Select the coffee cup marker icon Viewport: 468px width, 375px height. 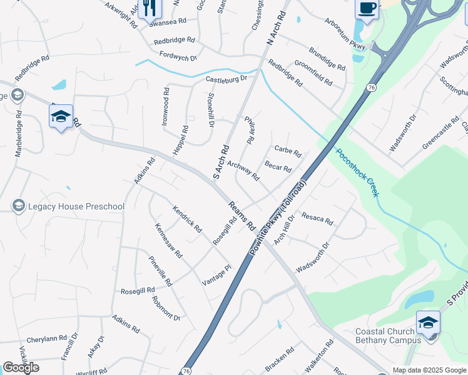(367, 9)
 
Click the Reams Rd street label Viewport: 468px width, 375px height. (242, 214)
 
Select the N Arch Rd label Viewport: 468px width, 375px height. (276, 27)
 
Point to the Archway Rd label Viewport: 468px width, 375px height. (243, 171)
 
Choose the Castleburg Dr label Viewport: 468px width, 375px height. (226, 79)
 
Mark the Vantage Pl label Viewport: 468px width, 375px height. (216, 276)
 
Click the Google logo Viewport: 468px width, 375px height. (21, 367)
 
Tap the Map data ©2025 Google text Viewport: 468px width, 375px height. (429, 370)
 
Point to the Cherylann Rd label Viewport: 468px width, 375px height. (46, 338)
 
